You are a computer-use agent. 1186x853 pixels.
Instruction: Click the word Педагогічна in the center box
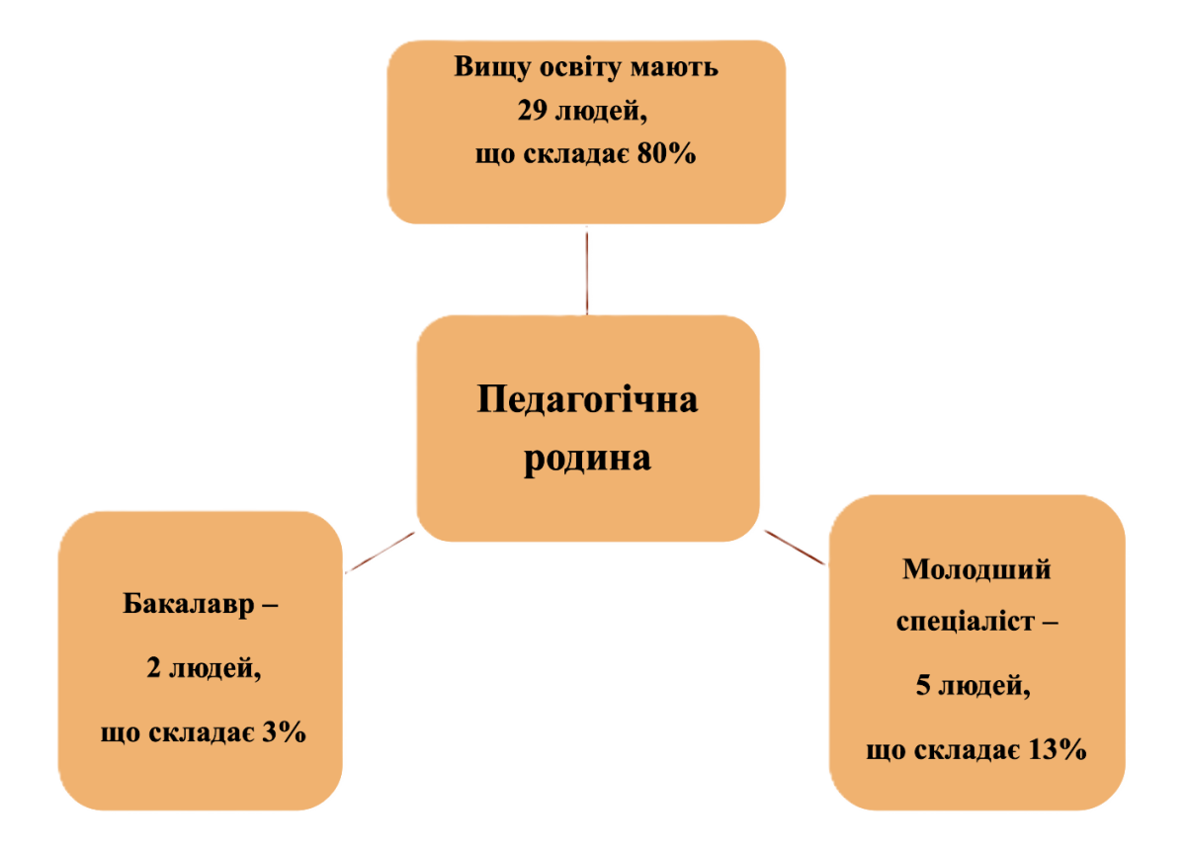tap(587, 400)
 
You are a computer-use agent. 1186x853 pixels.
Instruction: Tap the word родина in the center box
tap(587, 459)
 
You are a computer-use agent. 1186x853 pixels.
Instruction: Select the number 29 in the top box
tap(534, 111)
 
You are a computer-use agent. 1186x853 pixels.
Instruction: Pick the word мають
tap(678, 67)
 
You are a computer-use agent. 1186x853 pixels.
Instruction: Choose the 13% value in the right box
tap(1058, 749)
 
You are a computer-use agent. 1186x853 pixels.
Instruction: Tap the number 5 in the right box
tap(923, 686)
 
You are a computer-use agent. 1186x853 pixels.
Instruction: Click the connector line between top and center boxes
tap(588, 271)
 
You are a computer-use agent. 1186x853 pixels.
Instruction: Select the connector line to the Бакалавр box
tap(381, 553)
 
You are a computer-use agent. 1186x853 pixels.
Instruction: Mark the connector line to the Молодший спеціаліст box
tap(794, 548)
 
